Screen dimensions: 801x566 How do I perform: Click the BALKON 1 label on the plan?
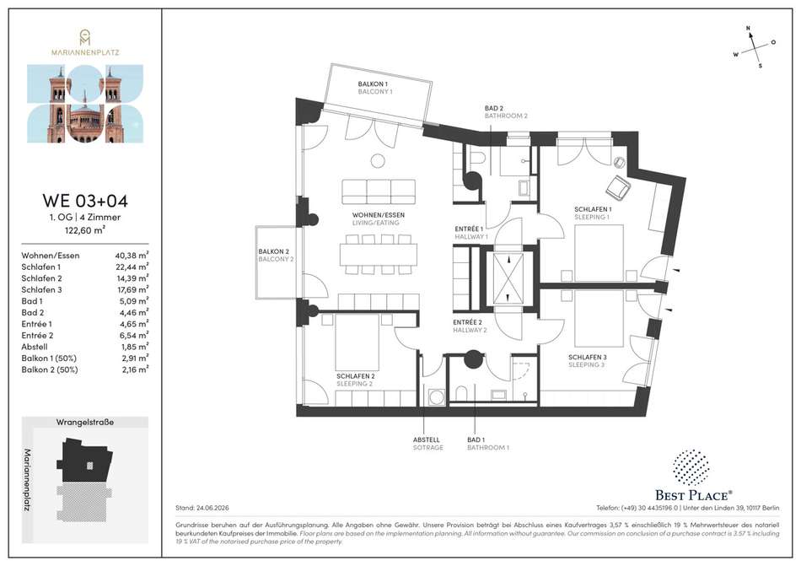373,84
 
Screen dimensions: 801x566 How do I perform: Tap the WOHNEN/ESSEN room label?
378,215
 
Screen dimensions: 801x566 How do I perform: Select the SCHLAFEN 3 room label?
588,357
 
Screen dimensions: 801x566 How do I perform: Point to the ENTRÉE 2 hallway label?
467,322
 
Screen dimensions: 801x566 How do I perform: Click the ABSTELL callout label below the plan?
426,439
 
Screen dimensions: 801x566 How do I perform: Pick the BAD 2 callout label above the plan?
494,108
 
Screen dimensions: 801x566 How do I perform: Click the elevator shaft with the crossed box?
508,279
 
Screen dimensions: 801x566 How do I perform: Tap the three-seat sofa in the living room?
379,192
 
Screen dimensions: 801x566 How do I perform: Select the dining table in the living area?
379,255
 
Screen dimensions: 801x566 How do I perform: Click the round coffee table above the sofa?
378,161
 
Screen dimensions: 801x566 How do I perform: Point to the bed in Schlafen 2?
357,342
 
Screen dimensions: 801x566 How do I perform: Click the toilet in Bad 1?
461,394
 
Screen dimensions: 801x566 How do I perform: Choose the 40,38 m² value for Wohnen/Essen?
132,256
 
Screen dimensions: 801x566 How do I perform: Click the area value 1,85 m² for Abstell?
134,347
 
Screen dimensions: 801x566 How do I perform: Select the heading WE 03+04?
85,200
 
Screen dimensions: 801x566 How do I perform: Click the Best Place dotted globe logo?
691,467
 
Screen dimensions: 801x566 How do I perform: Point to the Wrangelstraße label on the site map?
85,422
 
